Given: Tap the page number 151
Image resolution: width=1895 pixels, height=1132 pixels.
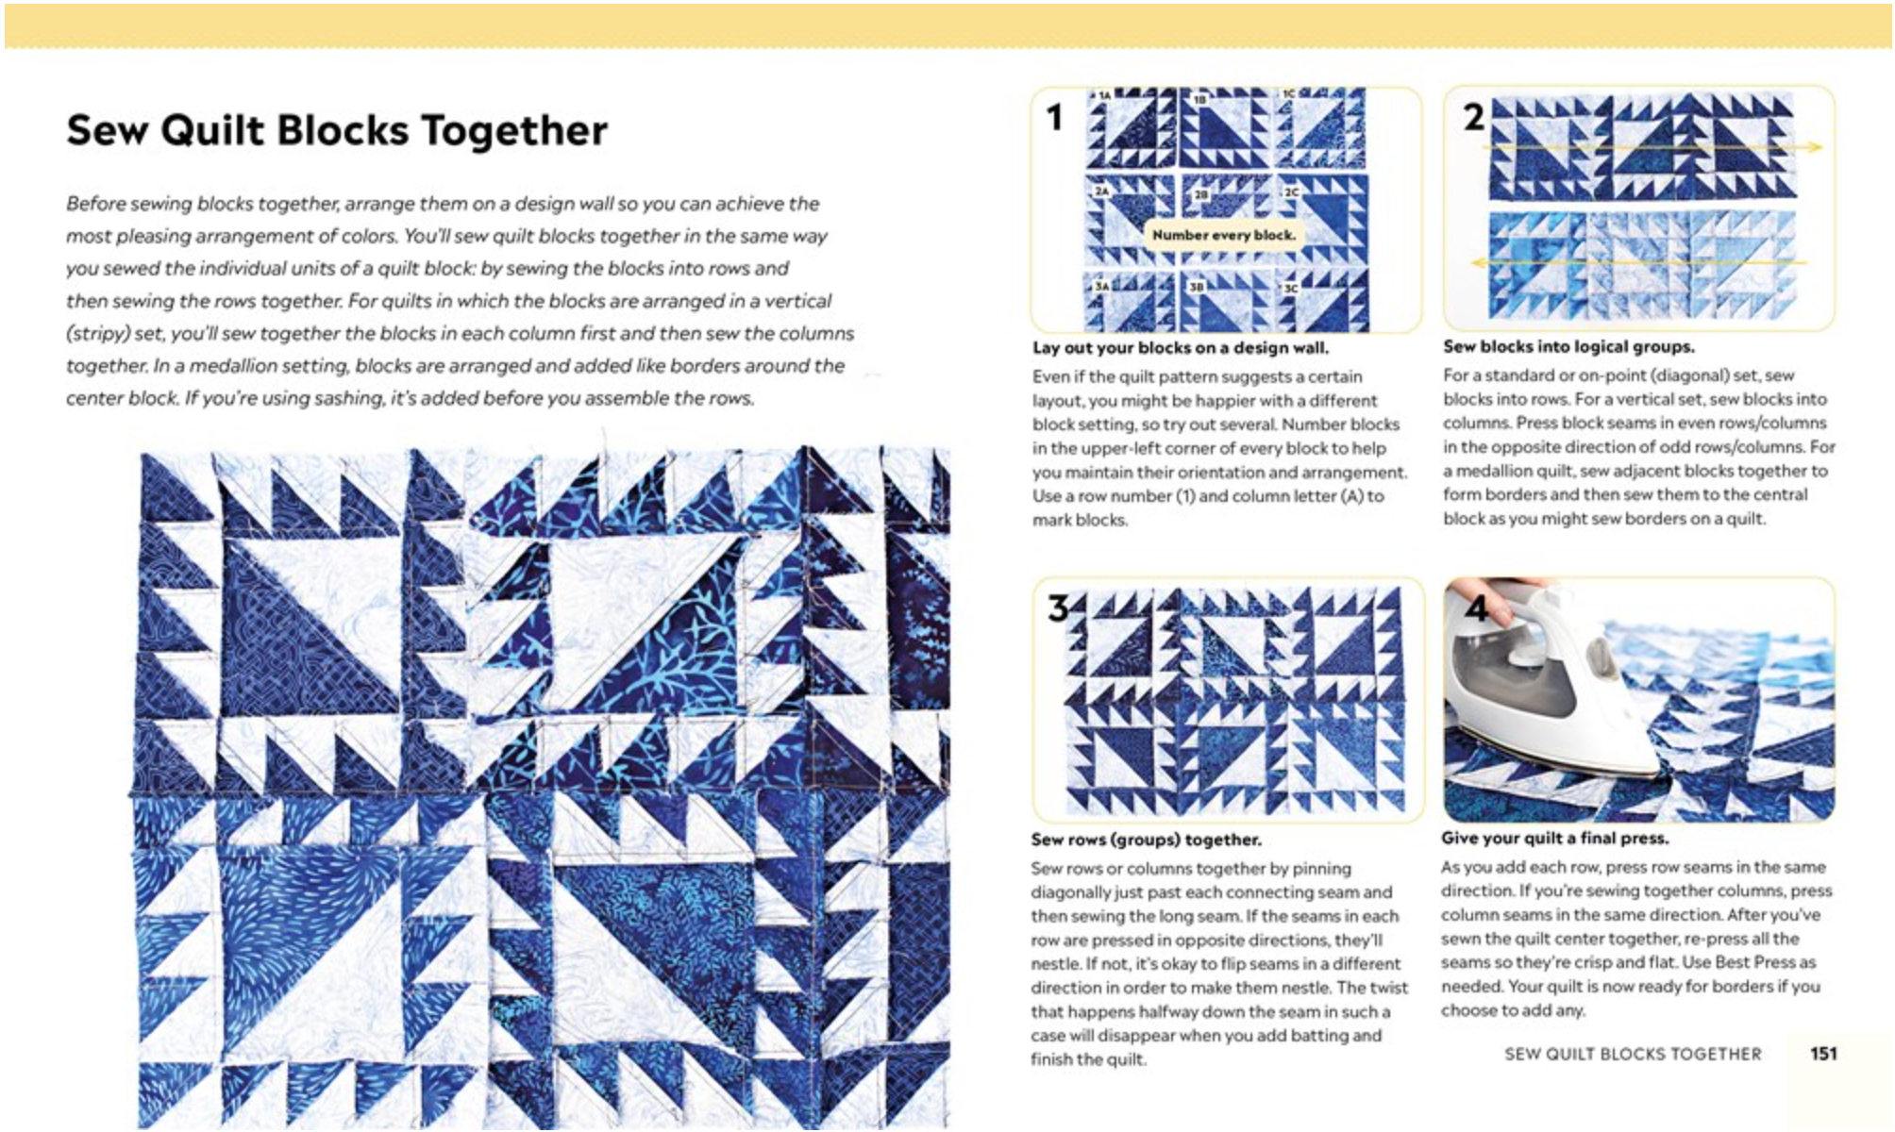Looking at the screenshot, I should click(x=1822, y=1054).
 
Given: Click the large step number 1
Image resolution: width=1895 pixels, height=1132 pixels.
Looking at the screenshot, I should click(x=1054, y=118).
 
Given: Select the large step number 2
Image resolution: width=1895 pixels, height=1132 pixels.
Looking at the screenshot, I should click(x=1473, y=118).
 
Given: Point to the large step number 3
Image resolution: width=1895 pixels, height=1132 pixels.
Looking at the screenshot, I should click(x=1058, y=608).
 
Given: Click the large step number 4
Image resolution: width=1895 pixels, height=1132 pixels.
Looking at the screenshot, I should click(x=1476, y=608).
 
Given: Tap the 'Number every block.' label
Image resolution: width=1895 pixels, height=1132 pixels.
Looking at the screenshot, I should click(x=1223, y=235).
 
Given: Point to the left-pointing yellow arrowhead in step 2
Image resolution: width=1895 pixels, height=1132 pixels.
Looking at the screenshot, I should click(x=1479, y=263).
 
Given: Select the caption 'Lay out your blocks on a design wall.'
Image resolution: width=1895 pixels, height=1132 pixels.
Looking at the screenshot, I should click(x=1180, y=348).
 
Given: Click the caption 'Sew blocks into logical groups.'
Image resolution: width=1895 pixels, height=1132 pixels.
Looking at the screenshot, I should click(x=1568, y=347).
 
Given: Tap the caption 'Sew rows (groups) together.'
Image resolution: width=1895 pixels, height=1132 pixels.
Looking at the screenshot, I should click(x=1146, y=840).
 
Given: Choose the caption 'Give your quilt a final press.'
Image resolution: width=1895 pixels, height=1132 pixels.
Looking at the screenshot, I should click(x=1554, y=838).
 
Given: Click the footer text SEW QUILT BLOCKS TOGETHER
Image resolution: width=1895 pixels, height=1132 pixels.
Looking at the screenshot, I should click(x=1632, y=1054).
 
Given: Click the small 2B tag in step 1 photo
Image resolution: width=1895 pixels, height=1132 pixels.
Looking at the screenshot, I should click(x=1200, y=194).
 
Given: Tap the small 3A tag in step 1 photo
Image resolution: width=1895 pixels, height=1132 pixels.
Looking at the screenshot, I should click(x=1101, y=285).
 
